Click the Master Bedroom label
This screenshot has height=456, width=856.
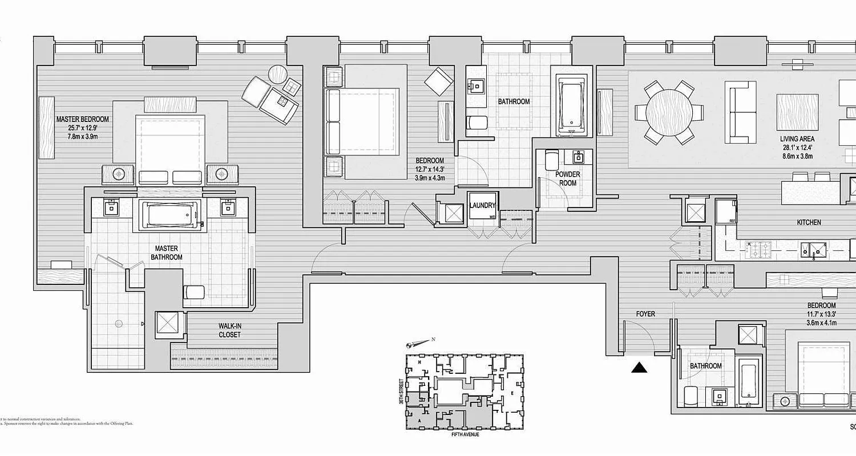82,120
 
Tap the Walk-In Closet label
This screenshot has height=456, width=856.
229,331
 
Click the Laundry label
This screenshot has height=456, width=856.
482,205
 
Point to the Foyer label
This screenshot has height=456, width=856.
645,314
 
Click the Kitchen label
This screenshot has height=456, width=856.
809,222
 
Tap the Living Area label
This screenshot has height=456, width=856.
797,139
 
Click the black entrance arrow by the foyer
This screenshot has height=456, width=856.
639,368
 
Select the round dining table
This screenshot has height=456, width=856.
668,112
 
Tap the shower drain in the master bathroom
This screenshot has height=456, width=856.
118,324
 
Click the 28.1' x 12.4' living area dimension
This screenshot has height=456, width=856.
797,148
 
